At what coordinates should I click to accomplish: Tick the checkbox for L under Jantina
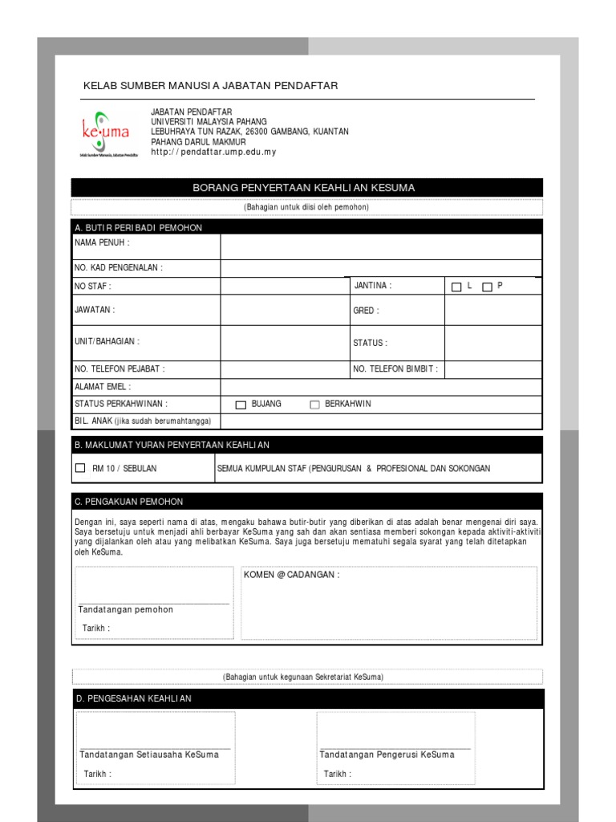[456, 287]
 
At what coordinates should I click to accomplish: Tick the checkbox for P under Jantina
[487, 287]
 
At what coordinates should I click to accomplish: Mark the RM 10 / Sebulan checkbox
[79, 468]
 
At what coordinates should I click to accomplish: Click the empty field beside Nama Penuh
[381, 246]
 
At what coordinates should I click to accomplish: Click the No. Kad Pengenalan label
[119, 268]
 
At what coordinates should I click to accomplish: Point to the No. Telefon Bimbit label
[396, 369]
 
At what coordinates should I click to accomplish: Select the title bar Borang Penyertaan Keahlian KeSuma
[307, 188]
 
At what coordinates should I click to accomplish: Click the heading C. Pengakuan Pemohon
[129, 502]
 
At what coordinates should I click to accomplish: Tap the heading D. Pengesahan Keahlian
[133, 698]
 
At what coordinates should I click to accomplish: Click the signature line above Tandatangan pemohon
[153, 603]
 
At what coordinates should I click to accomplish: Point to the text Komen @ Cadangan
[291, 576]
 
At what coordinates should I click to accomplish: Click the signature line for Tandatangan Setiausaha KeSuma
[155, 748]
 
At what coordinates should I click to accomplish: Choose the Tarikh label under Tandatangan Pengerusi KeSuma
[337, 774]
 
